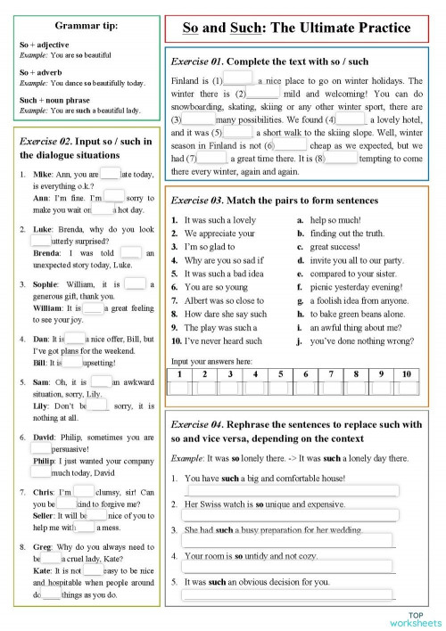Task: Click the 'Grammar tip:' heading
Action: click(x=80, y=25)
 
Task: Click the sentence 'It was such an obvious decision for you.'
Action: click(x=256, y=581)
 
